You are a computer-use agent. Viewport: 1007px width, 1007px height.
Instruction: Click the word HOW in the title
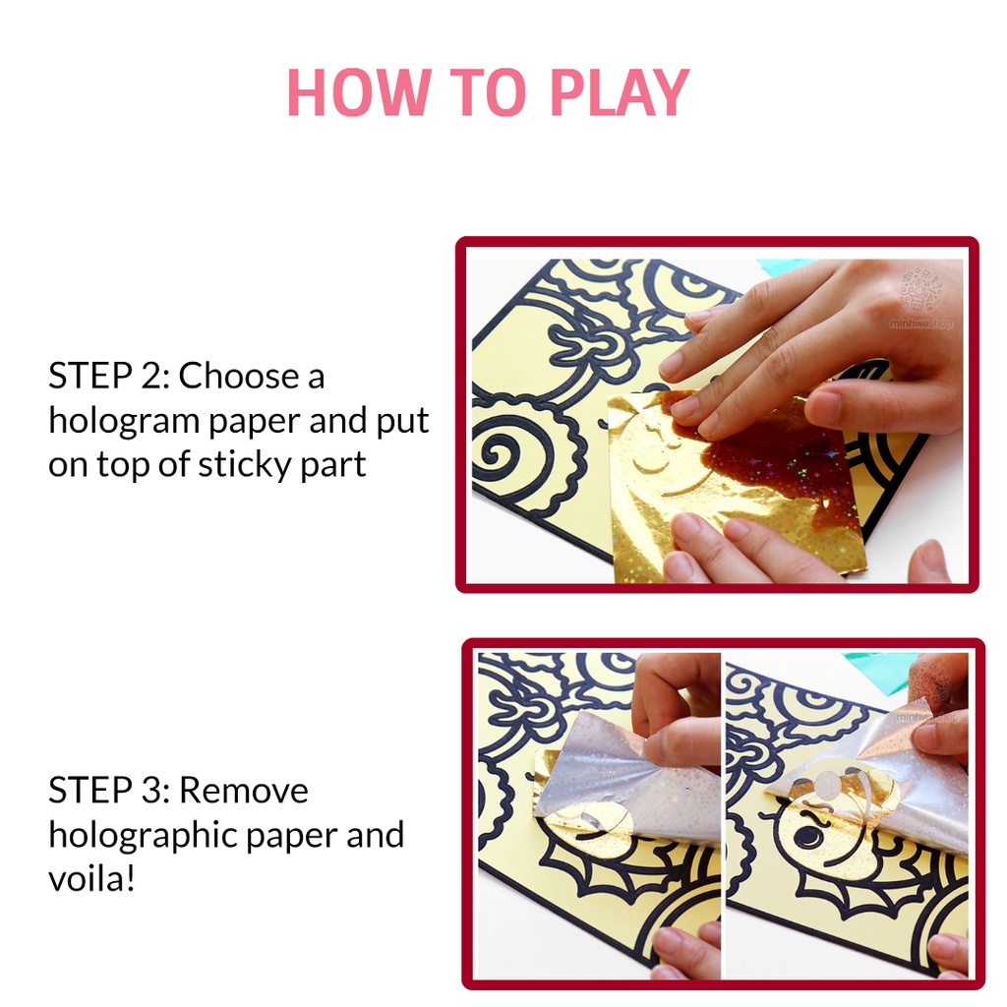tap(358, 92)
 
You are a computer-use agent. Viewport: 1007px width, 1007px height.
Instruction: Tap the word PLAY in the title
tap(620, 92)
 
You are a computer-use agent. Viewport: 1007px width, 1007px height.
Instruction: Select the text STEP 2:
tap(109, 376)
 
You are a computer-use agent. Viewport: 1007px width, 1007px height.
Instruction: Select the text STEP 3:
tap(109, 790)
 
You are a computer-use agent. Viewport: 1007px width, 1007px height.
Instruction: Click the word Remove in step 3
tap(244, 790)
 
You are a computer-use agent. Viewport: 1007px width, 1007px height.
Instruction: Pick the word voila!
tap(91, 878)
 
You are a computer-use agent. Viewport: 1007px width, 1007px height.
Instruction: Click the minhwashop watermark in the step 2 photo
tap(920, 323)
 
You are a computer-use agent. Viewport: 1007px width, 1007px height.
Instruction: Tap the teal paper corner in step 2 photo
tap(784, 266)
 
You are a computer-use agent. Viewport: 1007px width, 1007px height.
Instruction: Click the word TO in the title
tap(490, 92)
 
